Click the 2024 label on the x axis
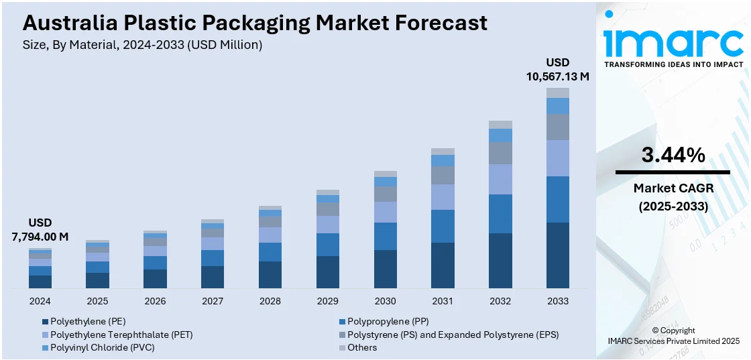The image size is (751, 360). click(x=40, y=301)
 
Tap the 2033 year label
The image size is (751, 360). click(x=558, y=301)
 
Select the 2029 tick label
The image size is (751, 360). click(x=327, y=301)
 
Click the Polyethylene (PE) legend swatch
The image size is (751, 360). click(x=45, y=321)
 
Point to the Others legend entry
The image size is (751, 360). click(x=362, y=347)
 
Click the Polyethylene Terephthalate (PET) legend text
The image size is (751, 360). click(x=121, y=334)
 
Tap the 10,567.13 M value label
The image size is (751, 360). click(x=558, y=76)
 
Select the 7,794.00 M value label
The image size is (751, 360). click(x=40, y=236)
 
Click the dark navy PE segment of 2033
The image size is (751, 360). click(x=558, y=255)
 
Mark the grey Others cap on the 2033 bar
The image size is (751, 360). click(x=558, y=93)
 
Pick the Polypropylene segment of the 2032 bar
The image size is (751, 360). click(x=500, y=214)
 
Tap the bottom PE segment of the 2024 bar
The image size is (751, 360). click(x=40, y=282)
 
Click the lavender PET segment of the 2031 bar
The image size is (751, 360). click(x=443, y=197)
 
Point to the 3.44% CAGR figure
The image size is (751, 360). click(x=673, y=156)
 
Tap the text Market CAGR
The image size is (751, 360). click(x=673, y=188)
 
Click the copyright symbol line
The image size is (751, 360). click(x=673, y=330)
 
